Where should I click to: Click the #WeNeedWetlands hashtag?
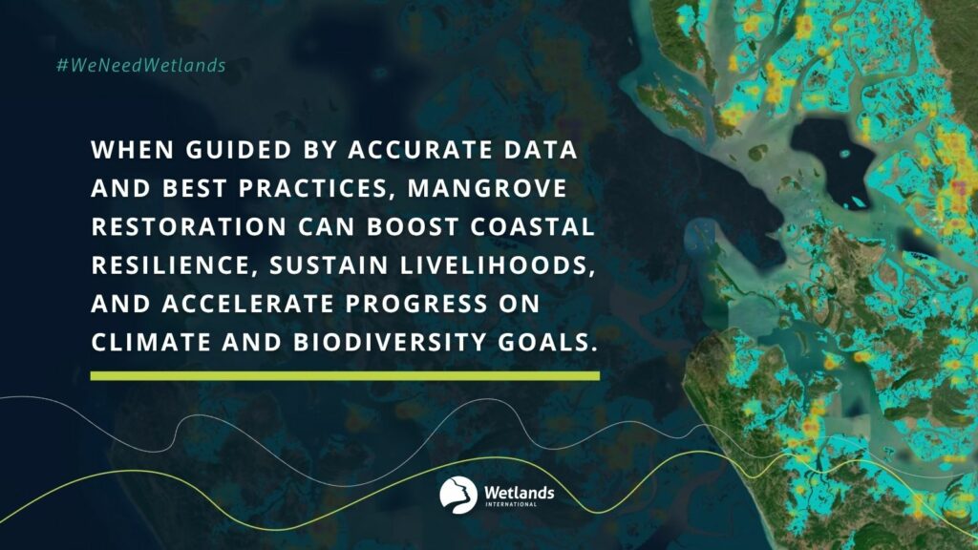pyautogui.click(x=141, y=65)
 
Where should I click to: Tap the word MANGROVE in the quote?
pyautogui.click(x=487, y=188)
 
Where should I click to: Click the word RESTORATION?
pyautogui.click(x=189, y=227)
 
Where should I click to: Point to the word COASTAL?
pyautogui.click(x=532, y=227)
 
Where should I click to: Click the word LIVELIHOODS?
pyautogui.click(x=494, y=265)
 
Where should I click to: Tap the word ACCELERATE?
pyautogui.click(x=248, y=304)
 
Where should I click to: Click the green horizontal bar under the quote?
pyautogui.click(x=345, y=376)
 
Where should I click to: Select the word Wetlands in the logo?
pyautogui.click(x=519, y=493)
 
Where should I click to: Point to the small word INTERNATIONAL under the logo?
pyautogui.click(x=511, y=504)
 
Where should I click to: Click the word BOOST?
pyautogui.click(x=413, y=227)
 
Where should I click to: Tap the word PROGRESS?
pyautogui.click(x=417, y=304)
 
